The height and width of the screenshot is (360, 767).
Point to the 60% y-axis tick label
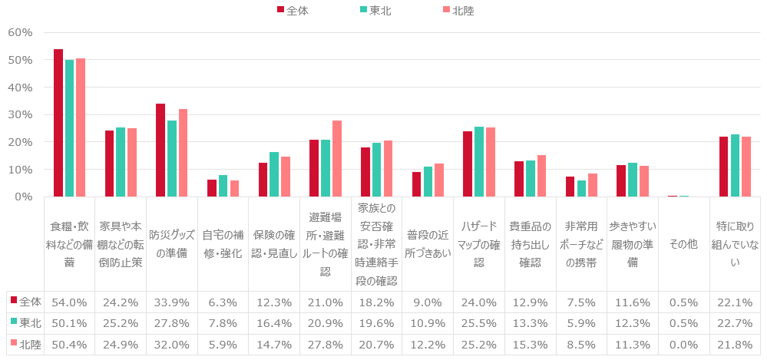(x=20, y=32)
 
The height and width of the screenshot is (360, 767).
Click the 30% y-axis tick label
(x=20, y=114)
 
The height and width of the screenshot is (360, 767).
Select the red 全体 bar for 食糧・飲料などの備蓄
(x=58, y=123)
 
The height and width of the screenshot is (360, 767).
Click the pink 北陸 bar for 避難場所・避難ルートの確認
(x=337, y=159)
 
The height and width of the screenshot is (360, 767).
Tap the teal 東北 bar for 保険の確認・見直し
(x=274, y=174)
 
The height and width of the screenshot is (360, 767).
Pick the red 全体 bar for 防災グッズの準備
(x=160, y=150)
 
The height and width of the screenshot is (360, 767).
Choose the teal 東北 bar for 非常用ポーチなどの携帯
(x=581, y=189)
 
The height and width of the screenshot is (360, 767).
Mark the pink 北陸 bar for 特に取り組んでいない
(x=746, y=167)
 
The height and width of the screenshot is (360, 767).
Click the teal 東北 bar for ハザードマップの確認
(x=479, y=162)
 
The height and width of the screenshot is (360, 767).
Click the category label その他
(x=683, y=244)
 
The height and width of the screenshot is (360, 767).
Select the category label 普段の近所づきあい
(x=427, y=244)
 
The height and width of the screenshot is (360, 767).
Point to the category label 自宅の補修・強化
(x=222, y=244)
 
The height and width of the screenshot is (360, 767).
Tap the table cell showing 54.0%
(x=69, y=302)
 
